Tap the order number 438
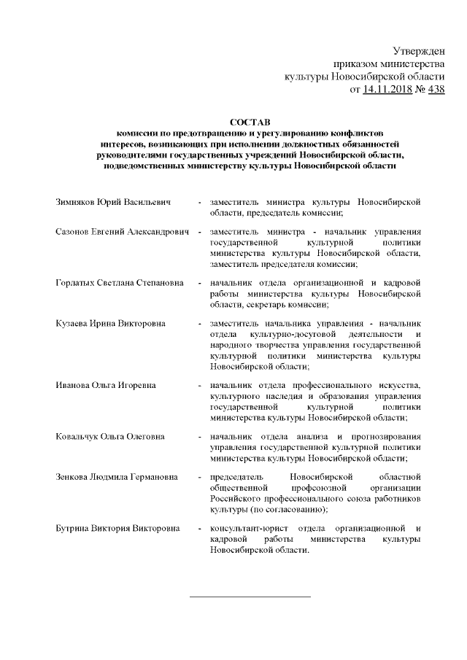point(435,90)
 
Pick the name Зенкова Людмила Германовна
point(116,477)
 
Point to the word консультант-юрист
point(244,528)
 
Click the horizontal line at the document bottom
point(250,597)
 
